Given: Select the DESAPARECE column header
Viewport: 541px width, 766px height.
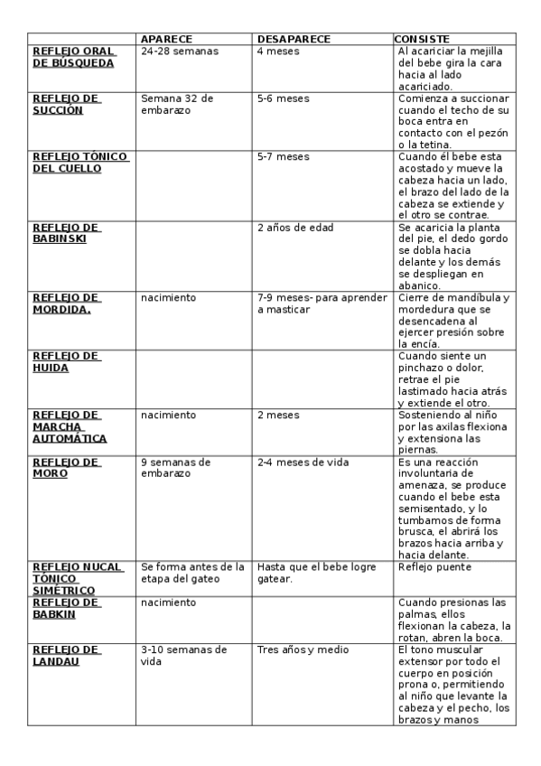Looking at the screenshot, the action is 294,40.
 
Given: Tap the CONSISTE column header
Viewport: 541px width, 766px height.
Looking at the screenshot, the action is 423,40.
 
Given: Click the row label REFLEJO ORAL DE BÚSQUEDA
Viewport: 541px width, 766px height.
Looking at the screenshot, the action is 73,58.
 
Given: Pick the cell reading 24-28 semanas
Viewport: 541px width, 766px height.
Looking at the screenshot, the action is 180,51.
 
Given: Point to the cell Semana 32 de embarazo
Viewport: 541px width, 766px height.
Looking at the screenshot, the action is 177,104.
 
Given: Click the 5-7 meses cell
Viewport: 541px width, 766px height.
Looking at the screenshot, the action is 283,156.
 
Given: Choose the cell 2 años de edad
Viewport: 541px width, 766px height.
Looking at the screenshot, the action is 295,227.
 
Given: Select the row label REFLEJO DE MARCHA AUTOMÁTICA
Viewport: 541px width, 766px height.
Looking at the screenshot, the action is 70,426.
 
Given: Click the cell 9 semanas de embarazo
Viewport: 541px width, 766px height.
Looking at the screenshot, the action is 175,467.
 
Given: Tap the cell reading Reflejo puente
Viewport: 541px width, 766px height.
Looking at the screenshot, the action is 434,567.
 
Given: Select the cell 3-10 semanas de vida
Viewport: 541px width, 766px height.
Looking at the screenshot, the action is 183,655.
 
